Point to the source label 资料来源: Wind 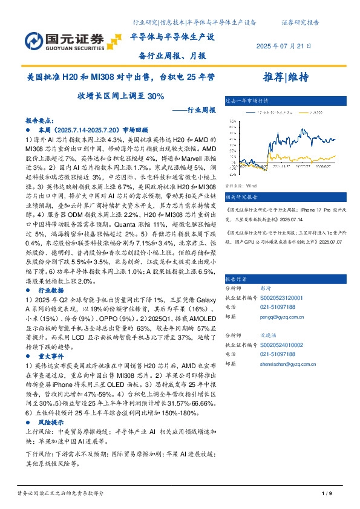click(x=241, y=186)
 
